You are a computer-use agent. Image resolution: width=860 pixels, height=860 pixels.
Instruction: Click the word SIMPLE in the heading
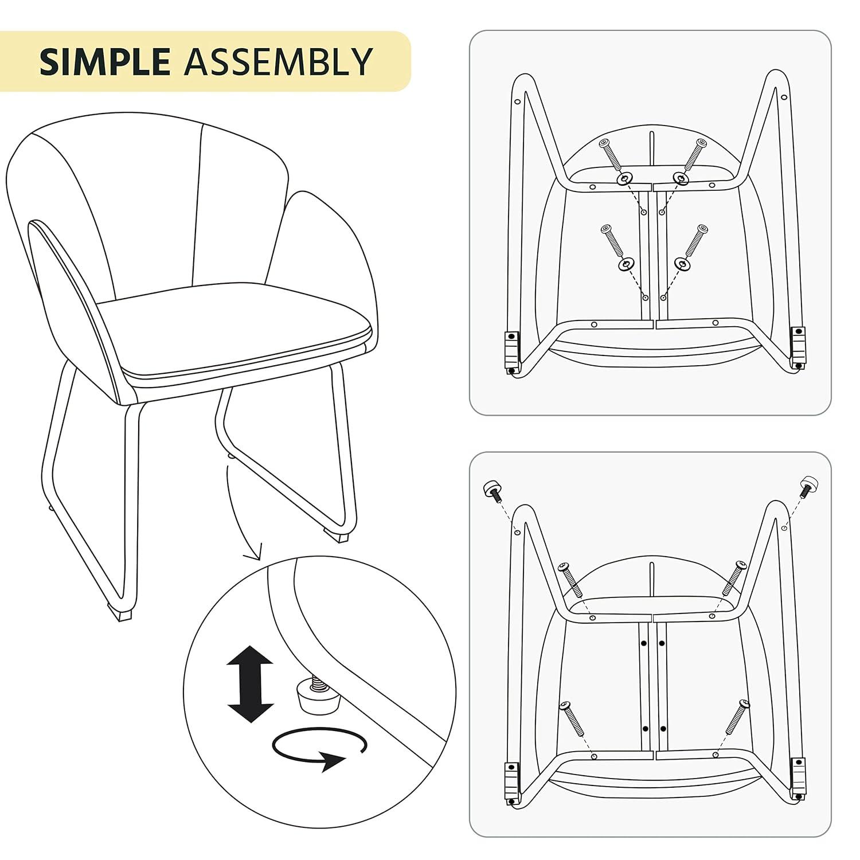(x=105, y=61)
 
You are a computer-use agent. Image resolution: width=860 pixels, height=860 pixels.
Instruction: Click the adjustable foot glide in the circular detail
(x=311, y=695)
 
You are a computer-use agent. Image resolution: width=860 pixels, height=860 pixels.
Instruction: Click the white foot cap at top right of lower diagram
(x=809, y=483)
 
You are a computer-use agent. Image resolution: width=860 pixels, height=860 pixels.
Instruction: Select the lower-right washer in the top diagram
(x=681, y=264)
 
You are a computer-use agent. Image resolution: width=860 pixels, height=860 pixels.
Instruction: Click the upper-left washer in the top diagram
(x=624, y=179)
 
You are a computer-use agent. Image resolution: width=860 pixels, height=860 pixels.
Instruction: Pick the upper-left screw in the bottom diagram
(x=571, y=579)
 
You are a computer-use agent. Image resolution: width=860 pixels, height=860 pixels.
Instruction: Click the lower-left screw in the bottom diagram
(x=573, y=718)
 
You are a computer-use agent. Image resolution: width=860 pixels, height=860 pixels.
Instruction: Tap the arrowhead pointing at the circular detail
(x=252, y=555)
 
